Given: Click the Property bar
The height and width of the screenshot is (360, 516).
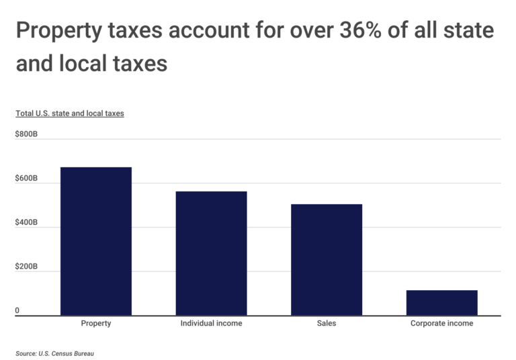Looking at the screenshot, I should (x=96, y=241).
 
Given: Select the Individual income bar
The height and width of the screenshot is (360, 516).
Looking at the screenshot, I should (x=211, y=253).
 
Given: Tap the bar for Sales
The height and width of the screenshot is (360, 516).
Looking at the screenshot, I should (x=327, y=259).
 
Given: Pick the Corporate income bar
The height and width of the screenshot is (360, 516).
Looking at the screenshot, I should (x=441, y=302).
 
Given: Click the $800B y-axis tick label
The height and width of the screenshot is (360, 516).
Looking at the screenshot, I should (x=27, y=134).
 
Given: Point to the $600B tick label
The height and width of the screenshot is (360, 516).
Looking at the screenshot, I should (x=27, y=179).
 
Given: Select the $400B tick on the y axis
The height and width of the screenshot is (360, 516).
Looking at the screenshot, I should (x=27, y=222).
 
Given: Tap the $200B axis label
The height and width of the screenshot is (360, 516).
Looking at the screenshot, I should (x=27, y=267).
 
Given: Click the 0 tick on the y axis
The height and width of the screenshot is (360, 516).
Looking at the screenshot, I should (x=18, y=311).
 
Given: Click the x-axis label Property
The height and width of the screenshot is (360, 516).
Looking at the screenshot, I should (x=96, y=323).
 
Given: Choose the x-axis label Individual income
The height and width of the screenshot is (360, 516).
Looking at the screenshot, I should (x=211, y=323).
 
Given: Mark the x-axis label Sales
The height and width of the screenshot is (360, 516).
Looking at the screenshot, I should (x=327, y=323).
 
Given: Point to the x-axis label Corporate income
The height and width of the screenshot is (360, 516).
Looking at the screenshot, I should (x=441, y=323).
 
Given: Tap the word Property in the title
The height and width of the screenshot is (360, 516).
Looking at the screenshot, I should (x=56, y=31).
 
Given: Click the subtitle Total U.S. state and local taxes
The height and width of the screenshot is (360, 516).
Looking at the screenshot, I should (x=70, y=114).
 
